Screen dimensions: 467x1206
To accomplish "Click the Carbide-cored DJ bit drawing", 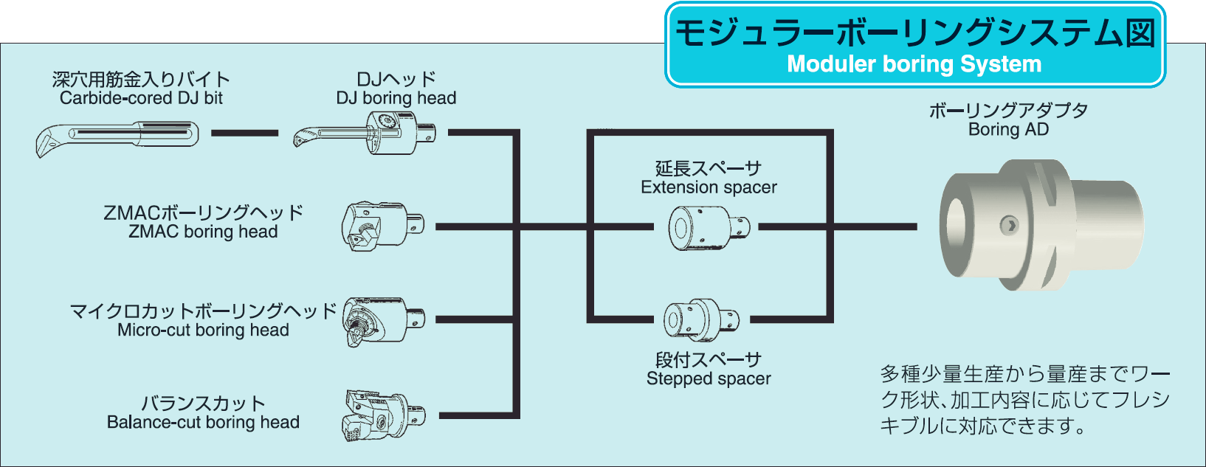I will (118, 137).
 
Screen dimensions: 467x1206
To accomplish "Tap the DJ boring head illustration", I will (366, 134).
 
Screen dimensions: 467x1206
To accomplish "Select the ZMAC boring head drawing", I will (382, 226).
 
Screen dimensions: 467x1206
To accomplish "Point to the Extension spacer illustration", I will (707, 227).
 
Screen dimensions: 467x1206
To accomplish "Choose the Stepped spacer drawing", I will (701, 320).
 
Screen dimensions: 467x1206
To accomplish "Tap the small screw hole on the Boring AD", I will (1008, 225).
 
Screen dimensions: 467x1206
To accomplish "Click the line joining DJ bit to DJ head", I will (244, 134).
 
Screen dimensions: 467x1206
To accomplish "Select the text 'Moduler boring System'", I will (914, 64).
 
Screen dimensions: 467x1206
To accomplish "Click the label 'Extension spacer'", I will (709, 187).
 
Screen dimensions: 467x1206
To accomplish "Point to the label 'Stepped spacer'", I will (709, 379).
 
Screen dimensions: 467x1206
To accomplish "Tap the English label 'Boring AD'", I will (1008, 130).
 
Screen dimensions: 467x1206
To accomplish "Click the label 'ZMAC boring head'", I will (203, 232).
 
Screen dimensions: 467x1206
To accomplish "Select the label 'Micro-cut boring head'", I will (203, 331).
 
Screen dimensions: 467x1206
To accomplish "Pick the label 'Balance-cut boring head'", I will (203, 423).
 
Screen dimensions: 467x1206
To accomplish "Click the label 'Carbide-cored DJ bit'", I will (141, 98).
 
